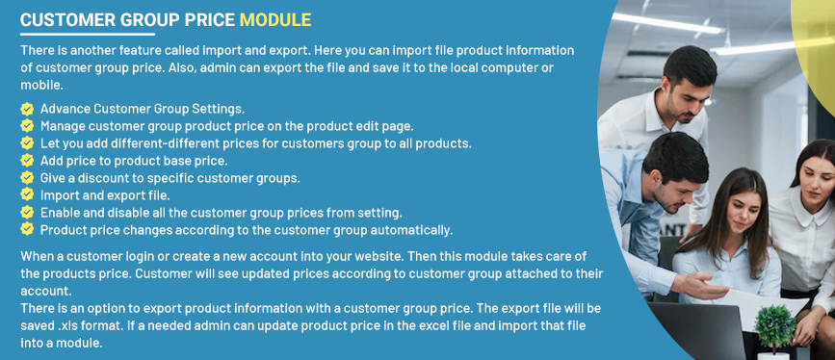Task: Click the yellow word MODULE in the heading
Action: (x=275, y=19)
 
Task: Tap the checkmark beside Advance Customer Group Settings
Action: (x=27, y=109)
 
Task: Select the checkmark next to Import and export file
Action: (x=27, y=195)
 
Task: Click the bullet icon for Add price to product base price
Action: (x=27, y=161)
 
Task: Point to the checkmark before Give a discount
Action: (x=27, y=178)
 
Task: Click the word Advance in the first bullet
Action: (x=65, y=109)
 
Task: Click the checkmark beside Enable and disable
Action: (x=27, y=213)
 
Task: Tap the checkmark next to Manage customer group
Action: (x=27, y=126)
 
